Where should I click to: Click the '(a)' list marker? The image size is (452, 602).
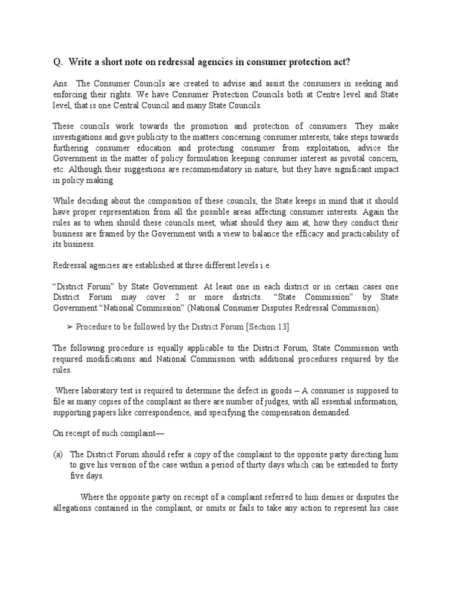coord(58,454)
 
